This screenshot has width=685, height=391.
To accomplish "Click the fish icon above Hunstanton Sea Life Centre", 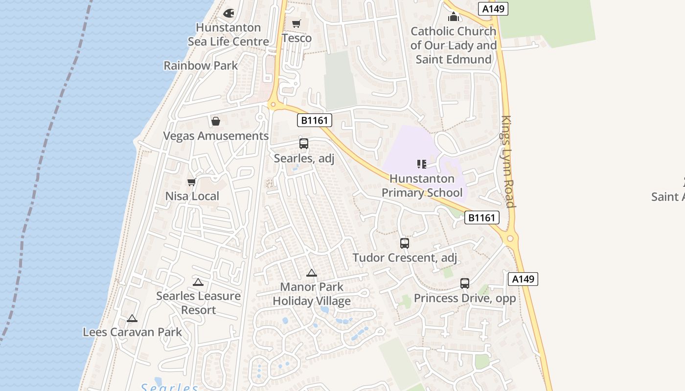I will [x=228, y=13].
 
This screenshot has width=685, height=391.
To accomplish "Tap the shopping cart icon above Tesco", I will [x=296, y=23].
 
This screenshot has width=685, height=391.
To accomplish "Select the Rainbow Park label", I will [x=201, y=65].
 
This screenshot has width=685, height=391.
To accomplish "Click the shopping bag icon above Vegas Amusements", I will [x=215, y=121].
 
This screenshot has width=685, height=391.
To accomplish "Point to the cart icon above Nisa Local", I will [x=191, y=182].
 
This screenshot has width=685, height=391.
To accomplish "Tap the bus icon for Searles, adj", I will [x=303, y=144].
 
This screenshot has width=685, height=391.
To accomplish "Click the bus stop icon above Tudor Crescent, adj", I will [x=404, y=243].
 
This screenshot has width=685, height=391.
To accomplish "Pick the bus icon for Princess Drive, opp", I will [x=464, y=283].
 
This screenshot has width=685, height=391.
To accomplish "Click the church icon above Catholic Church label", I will [x=453, y=17].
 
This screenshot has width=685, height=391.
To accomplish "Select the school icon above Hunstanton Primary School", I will [x=422, y=164].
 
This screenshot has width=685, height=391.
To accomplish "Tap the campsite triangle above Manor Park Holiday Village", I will [x=311, y=273].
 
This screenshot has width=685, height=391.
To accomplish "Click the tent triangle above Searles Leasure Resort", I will [x=198, y=282].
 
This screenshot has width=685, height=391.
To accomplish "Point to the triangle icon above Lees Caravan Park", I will [x=132, y=319].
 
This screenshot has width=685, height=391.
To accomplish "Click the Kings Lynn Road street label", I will [x=507, y=161].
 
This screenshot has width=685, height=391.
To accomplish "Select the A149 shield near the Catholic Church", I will [x=493, y=8].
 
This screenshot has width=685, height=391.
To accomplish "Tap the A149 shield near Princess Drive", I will [x=523, y=279].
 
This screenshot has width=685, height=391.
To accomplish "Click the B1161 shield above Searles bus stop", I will [x=314, y=120].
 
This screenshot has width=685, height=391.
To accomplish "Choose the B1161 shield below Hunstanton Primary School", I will [x=482, y=217].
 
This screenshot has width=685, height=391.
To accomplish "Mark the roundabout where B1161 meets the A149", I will [x=510, y=239].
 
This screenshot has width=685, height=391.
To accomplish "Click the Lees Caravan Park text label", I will [x=132, y=332].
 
